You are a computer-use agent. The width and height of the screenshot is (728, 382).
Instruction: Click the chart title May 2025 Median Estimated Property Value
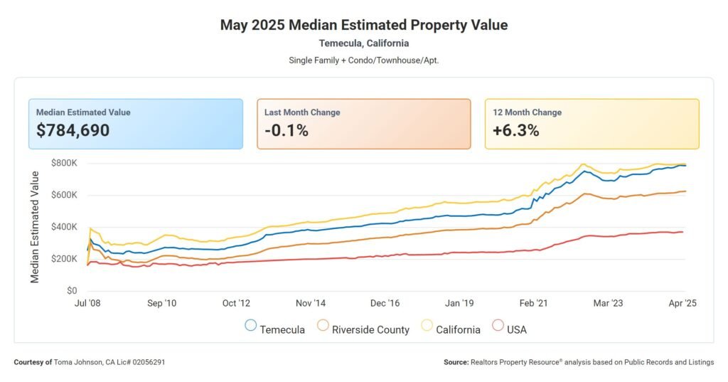[x=364, y=25]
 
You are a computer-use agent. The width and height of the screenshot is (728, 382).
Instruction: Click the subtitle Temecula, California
[x=364, y=43]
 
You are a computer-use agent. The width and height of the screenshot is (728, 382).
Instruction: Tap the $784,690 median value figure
[x=73, y=130]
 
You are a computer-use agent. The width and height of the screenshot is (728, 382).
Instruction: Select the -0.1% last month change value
[x=286, y=130]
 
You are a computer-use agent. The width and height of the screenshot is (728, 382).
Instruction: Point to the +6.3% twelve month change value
[x=515, y=130]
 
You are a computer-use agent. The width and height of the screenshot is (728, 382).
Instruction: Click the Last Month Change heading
[x=302, y=112]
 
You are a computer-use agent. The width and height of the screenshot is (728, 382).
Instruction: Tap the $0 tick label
[x=72, y=291]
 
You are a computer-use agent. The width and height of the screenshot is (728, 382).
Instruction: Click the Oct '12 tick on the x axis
[x=236, y=304]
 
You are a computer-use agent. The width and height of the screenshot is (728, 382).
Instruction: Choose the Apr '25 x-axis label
[x=682, y=304]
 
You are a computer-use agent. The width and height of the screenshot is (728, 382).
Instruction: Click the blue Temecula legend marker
[x=250, y=326]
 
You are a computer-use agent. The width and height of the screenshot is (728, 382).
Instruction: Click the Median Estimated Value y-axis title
[x=35, y=227]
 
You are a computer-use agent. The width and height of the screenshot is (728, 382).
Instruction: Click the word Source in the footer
[x=456, y=363]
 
